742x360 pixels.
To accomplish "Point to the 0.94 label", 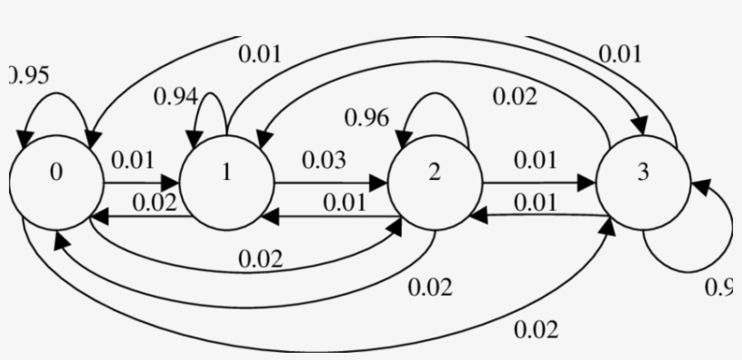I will tap(176, 97).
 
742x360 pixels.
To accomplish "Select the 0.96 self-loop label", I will tap(366, 118).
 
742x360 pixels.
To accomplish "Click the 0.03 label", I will tap(323, 160).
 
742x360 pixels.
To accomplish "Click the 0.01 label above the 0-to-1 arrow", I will tap(133, 160).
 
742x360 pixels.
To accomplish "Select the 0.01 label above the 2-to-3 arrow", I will tap(536, 160).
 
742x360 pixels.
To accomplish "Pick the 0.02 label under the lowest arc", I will tap(536, 330).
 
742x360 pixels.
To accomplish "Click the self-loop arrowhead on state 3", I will tap(699, 187).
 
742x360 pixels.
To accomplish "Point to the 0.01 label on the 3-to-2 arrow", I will tap(536, 203).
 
